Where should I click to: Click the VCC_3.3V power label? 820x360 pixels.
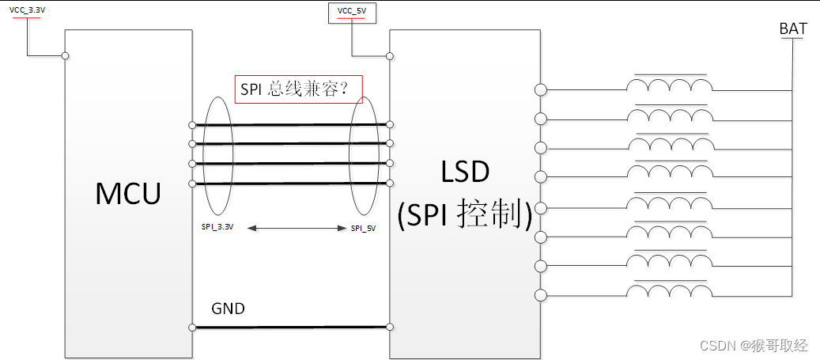(28, 9)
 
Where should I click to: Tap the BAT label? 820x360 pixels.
(793, 29)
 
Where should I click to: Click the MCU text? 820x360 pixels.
(128, 193)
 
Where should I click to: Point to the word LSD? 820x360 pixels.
(466, 173)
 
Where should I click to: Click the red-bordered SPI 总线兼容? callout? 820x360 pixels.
(299, 89)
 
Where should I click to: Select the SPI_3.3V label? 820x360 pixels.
(217, 227)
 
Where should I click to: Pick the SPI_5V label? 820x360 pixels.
(363, 228)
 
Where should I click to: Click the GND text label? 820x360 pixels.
(228, 309)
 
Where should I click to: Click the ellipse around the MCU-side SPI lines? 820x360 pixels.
(217, 155)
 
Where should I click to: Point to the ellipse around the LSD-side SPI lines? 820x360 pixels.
(363, 155)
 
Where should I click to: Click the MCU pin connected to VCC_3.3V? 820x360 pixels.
(66, 55)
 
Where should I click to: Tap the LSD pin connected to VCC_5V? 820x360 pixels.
(390, 55)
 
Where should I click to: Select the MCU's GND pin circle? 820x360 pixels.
(192, 327)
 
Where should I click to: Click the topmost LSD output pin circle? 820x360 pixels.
(541, 89)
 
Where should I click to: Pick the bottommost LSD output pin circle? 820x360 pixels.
(541, 295)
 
